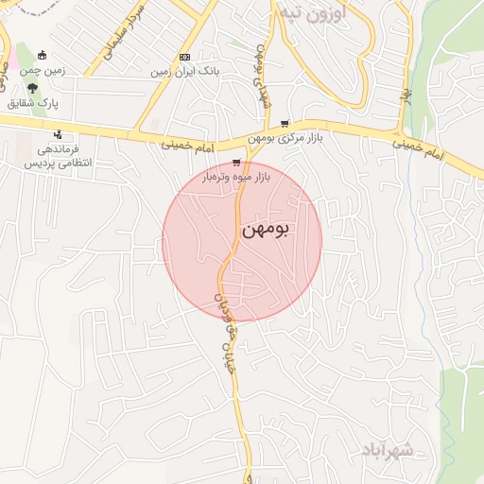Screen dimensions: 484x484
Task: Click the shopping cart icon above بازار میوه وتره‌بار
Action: click(x=235, y=163)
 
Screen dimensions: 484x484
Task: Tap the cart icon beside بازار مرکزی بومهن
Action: click(x=285, y=123)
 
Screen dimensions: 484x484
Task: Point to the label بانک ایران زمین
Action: click(x=187, y=70)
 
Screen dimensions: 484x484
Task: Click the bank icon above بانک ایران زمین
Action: click(x=184, y=56)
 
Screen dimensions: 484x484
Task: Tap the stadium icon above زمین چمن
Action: click(x=44, y=53)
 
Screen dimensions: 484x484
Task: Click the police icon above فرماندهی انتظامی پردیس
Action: click(x=59, y=133)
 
